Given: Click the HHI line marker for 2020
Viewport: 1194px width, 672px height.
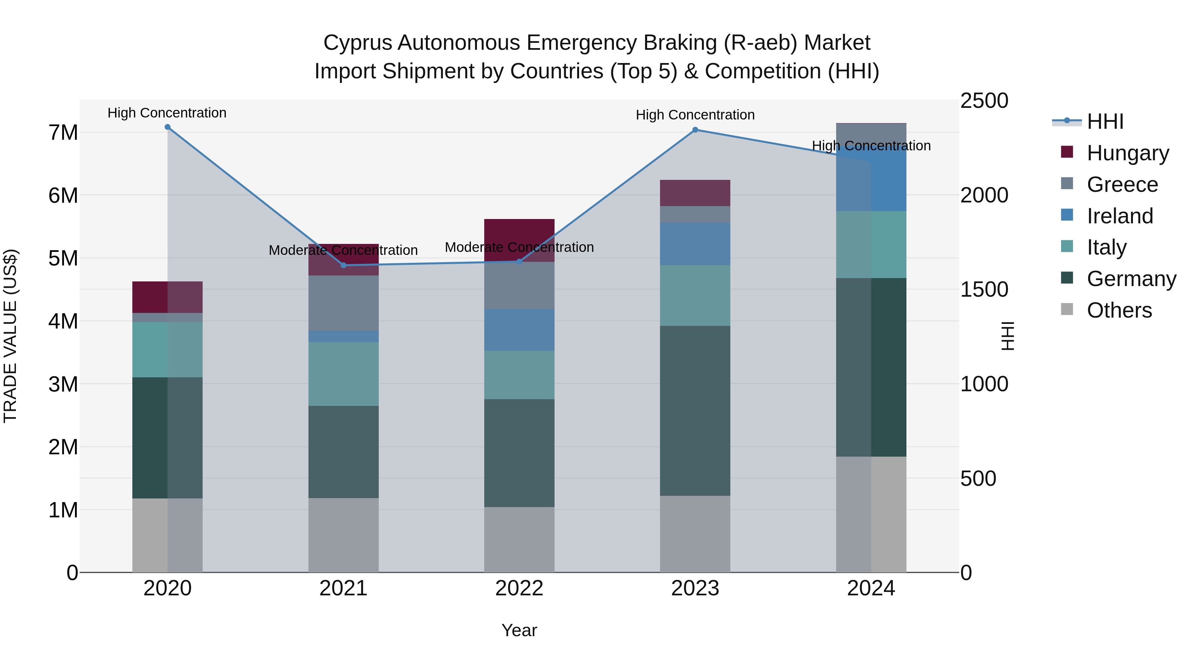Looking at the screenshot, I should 167,127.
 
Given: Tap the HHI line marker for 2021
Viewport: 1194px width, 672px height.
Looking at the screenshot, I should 344,265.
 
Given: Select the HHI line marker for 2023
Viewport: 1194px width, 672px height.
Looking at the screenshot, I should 695,130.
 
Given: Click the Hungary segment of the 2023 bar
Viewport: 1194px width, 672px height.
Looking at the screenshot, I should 695,193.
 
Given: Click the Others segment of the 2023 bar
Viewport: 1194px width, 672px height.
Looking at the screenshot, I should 695,534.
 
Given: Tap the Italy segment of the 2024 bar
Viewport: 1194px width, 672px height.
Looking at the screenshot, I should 871,244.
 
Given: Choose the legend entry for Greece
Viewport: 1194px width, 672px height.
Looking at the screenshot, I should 1122,185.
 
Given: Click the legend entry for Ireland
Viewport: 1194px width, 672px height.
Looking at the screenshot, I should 1119,216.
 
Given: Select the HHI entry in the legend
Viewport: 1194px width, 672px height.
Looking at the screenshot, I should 1104,121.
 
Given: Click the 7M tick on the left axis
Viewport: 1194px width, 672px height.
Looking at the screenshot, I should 63,133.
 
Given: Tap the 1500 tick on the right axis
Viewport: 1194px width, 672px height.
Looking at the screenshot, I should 984,289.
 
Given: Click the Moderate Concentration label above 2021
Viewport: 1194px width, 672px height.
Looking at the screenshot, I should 344,251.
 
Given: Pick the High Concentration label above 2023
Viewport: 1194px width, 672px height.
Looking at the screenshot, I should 695,115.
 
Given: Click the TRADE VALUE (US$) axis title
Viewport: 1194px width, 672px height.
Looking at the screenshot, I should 10,336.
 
